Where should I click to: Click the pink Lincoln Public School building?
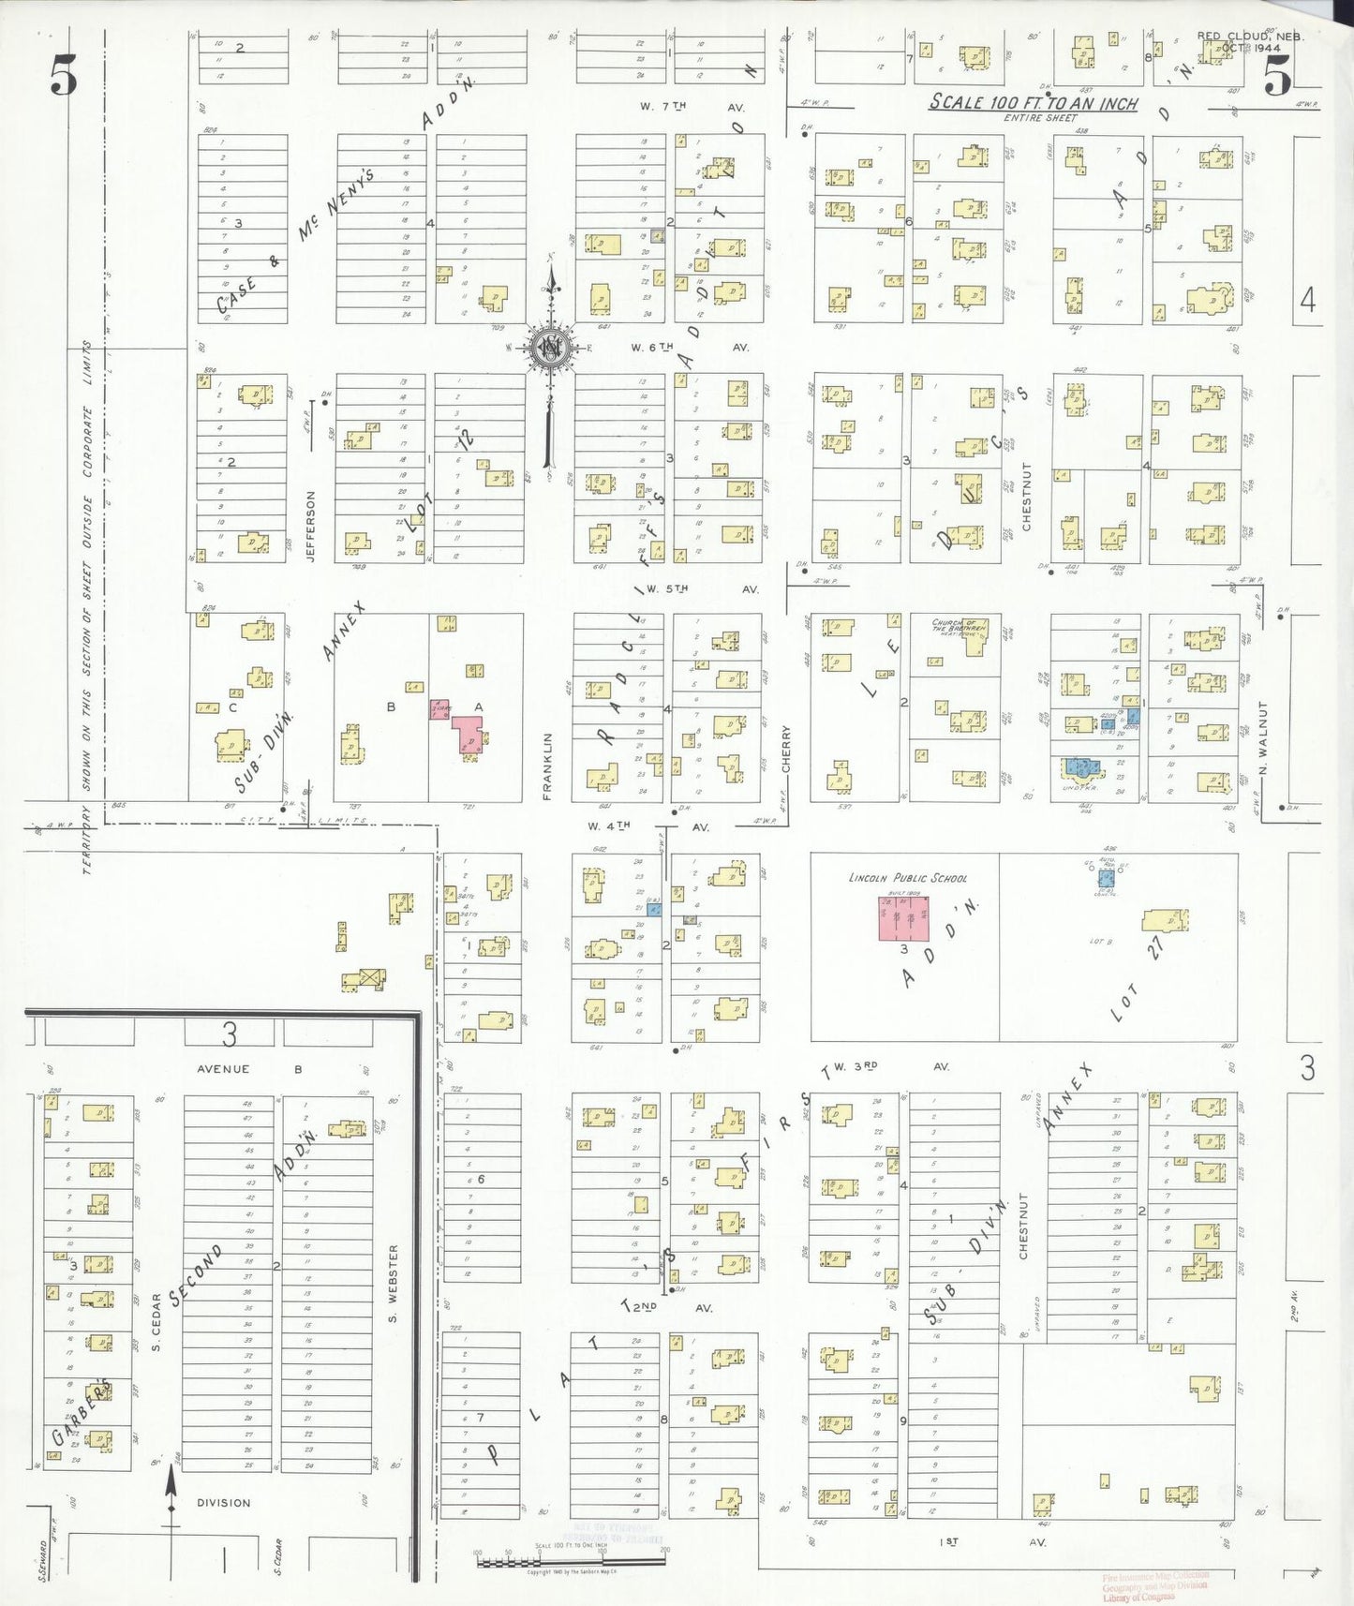tap(903, 918)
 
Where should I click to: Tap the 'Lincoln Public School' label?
tap(907, 878)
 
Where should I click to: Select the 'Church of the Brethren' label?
tap(955, 627)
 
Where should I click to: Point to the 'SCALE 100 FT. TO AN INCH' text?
tap(1033, 103)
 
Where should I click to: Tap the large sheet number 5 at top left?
tap(65, 75)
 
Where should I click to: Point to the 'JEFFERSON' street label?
tap(311, 527)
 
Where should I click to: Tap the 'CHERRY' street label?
tap(786, 750)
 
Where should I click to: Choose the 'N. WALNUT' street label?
tap(1262, 731)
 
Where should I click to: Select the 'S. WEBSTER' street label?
tap(394, 1284)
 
